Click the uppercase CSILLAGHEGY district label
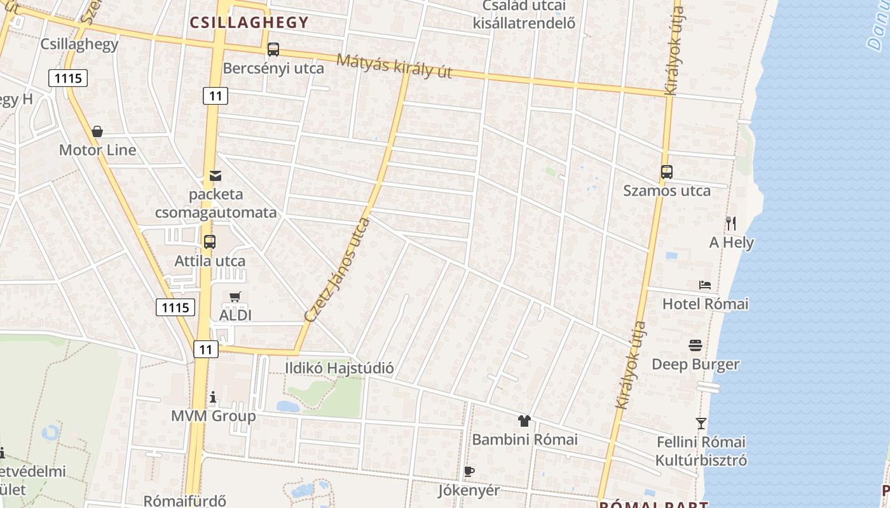point(249,23)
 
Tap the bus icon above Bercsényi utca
point(273,49)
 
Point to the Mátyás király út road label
point(394,66)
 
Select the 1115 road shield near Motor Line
point(67,79)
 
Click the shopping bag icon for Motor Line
point(97,131)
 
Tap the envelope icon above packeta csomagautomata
point(216,175)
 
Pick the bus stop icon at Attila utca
point(210,242)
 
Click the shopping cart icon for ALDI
point(235,297)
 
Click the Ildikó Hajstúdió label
point(339,368)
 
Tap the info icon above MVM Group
point(213,398)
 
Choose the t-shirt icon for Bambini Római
point(524,420)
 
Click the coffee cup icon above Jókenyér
point(469,471)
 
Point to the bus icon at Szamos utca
point(666,172)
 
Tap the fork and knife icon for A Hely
point(731,224)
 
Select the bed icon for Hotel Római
point(705,285)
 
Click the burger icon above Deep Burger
point(695,345)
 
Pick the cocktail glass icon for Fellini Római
point(701,423)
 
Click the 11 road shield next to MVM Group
point(205,349)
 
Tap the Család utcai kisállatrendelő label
point(524,15)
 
